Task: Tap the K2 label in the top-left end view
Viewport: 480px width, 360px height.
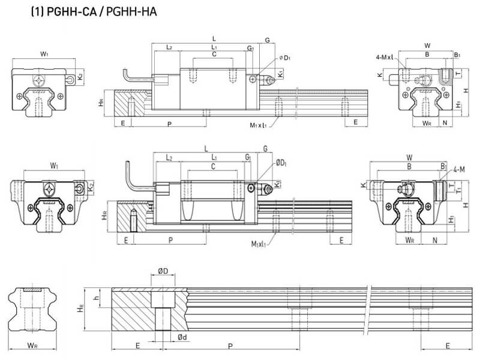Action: [x=80, y=76]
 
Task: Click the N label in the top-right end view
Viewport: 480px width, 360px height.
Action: [x=444, y=123]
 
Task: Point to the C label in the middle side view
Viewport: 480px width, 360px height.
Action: [x=214, y=166]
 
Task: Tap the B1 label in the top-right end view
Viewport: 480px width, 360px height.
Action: [x=457, y=55]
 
